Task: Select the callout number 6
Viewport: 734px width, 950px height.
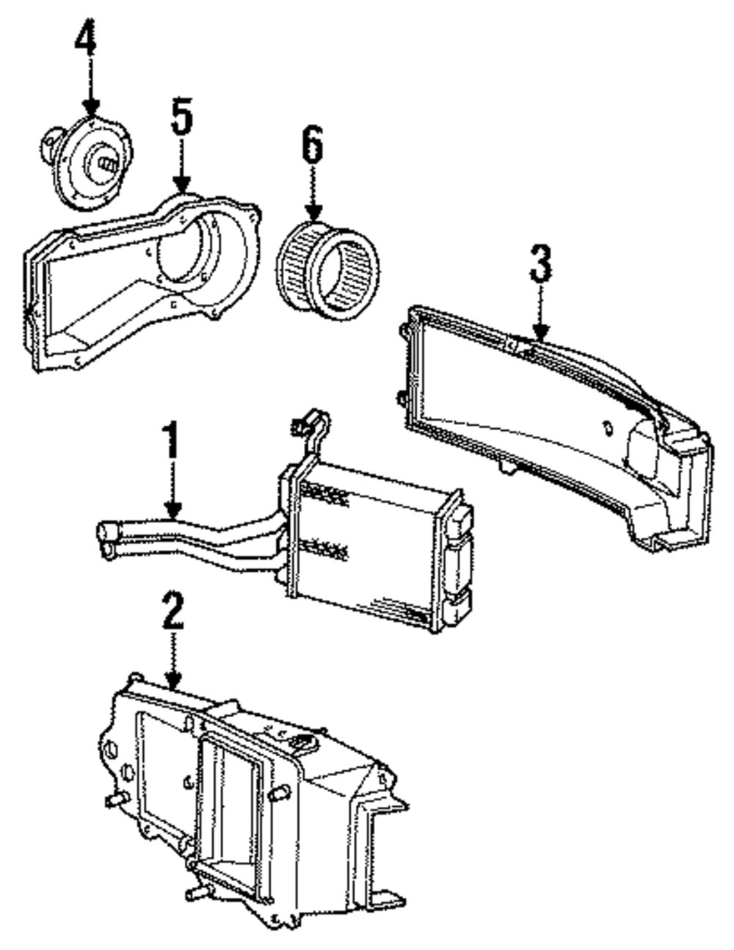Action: (x=313, y=148)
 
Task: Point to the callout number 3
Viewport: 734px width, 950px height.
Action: (x=540, y=264)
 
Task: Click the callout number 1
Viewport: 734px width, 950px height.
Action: (x=171, y=440)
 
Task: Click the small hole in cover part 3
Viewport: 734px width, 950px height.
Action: (x=608, y=428)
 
